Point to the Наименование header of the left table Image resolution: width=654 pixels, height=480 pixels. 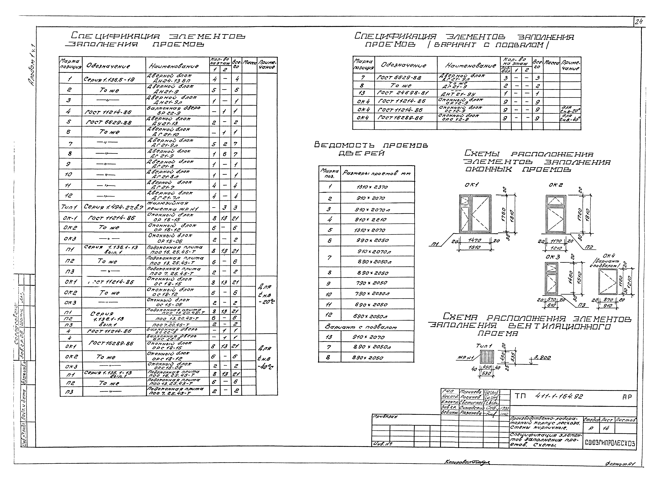[x=174, y=66]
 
